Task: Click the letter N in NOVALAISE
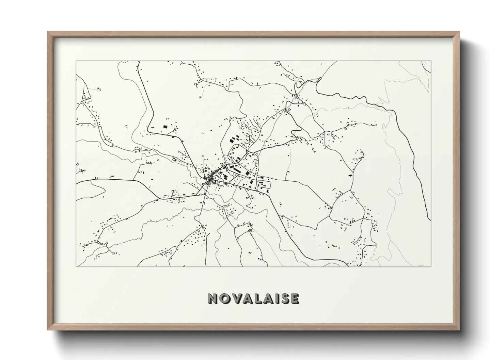(x=213, y=298)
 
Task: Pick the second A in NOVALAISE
(x=266, y=298)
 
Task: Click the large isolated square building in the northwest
(x=166, y=127)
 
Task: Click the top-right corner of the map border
(x=431, y=61)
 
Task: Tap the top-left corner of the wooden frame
(x=48, y=32)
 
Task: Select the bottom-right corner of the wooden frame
(x=459, y=330)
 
